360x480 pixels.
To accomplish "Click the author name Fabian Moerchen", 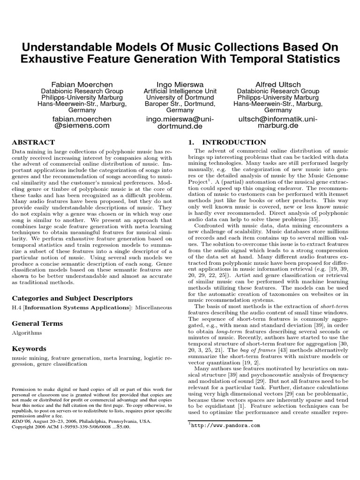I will click(x=82, y=84).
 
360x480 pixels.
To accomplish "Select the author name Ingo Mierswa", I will click(x=180, y=84).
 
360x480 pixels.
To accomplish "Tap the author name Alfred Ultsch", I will click(x=278, y=84).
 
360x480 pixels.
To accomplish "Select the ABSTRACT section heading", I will click(x=33, y=142).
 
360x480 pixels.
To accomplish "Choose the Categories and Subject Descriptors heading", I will click(x=72, y=298).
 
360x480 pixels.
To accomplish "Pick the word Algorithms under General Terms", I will click(x=27, y=333).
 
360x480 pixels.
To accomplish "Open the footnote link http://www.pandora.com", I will click(x=225, y=426).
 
